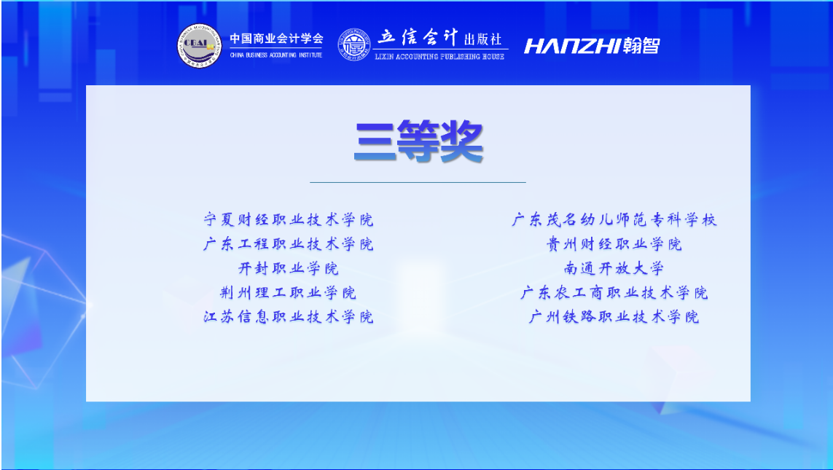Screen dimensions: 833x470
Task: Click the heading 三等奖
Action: pyautogui.click(x=418, y=141)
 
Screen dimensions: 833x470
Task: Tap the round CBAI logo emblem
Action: pyautogui.click(x=199, y=46)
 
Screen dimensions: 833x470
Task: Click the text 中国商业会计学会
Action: pyautogui.click(x=276, y=38)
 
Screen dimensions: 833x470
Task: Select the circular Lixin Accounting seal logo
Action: pyautogui.click(x=354, y=44)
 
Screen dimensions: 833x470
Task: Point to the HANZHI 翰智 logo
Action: pyautogui.click(x=592, y=46)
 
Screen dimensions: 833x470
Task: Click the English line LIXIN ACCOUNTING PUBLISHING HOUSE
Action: pyautogui.click(x=439, y=56)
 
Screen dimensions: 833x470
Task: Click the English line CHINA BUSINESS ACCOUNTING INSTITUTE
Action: pyautogui.click(x=276, y=55)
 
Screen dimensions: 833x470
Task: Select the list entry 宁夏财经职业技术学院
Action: pyautogui.click(x=289, y=219)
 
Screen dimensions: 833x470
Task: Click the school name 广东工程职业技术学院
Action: pyautogui.click(x=289, y=244)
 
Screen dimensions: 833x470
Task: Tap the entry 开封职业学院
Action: pyautogui.click(x=289, y=268)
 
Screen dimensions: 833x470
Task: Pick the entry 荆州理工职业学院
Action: pyautogui.click(x=289, y=293)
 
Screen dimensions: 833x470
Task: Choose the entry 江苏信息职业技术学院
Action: pyautogui.click(x=289, y=317)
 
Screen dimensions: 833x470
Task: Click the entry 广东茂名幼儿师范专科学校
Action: pyautogui.click(x=614, y=219)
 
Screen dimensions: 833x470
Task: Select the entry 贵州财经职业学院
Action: pyautogui.click(x=614, y=244)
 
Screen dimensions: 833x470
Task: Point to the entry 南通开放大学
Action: pyautogui.click(x=614, y=268)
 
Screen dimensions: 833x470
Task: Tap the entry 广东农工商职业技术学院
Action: pyautogui.click(x=614, y=293)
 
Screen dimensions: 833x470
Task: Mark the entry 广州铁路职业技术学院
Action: pyautogui.click(x=614, y=317)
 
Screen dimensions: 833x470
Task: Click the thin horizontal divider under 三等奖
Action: pyautogui.click(x=418, y=182)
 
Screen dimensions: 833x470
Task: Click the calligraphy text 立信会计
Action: pyautogui.click(x=418, y=37)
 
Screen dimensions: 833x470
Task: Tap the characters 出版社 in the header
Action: pyautogui.click(x=483, y=39)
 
